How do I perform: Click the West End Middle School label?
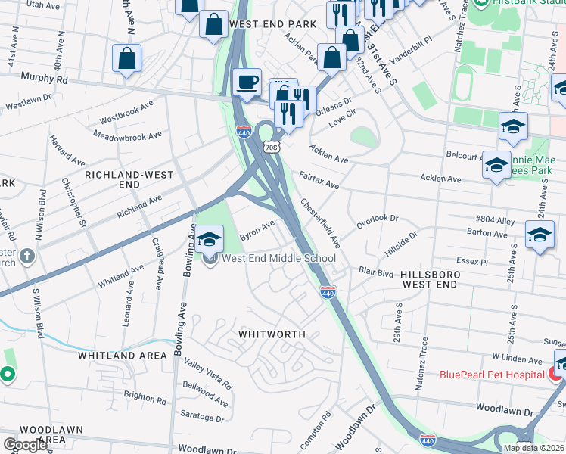pyautogui.click(x=278, y=259)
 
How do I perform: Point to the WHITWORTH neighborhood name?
pyautogui.click(x=272, y=334)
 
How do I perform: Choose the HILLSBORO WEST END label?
pyautogui.click(x=428, y=278)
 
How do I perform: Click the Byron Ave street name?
pyautogui.click(x=257, y=231)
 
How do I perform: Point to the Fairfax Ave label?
pyautogui.click(x=319, y=179)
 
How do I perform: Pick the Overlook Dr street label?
pyautogui.click(x=378, y=222)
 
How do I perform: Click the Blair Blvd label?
pyautogui.click(x=376, y=271)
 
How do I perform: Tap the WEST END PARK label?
pyautogui.click(x=272, y=24)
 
